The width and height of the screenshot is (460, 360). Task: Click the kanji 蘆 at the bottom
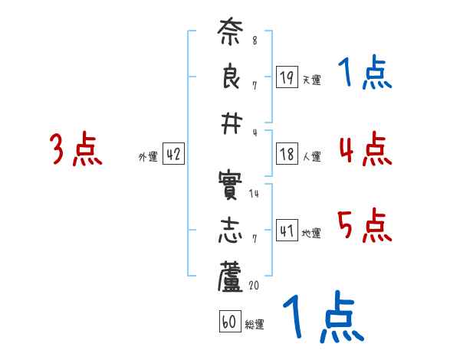[x=230, y=277]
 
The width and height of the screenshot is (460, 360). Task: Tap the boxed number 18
[x=287, y=153]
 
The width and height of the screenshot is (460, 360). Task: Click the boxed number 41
[x=287, y=230]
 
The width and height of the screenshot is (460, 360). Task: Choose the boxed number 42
[x=173, y=153]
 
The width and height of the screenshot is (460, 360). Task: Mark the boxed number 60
[x=229, y=322]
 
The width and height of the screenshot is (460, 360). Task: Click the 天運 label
[x=311, y=80]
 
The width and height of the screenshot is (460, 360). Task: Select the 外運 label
[x=148, y=157]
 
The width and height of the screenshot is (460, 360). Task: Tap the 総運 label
[x=255, y=326]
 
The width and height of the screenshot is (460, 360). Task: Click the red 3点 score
[x=76, y=149]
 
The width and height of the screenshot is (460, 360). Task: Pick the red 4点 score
[x=365, y=148]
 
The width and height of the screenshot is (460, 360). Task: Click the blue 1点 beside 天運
[x=365, y=74]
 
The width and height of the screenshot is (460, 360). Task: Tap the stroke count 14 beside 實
[x=254, y=194]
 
